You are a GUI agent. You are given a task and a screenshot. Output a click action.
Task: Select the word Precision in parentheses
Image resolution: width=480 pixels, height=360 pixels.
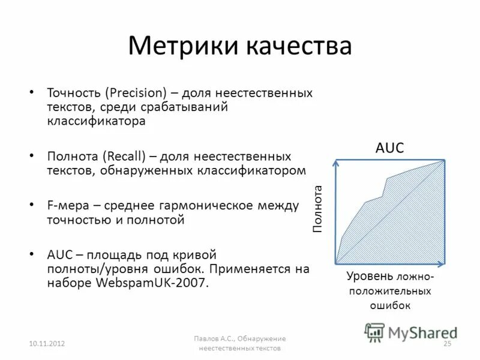(x=137, y=94)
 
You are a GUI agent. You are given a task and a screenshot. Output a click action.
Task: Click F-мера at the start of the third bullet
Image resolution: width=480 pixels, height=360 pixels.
(x=67, y=206)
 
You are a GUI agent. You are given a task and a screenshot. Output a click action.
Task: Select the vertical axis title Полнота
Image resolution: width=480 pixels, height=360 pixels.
(x=317, y=209)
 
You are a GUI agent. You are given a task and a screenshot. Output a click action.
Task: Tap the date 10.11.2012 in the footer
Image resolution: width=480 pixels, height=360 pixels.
(x=47, y=343)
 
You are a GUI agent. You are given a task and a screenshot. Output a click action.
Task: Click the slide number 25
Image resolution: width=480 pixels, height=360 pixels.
(x=446, y=343)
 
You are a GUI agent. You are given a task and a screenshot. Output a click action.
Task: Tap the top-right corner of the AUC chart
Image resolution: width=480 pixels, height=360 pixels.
(x=445, y=160)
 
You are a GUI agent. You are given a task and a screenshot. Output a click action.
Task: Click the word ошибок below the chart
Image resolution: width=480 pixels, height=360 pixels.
(x=390, y=305)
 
